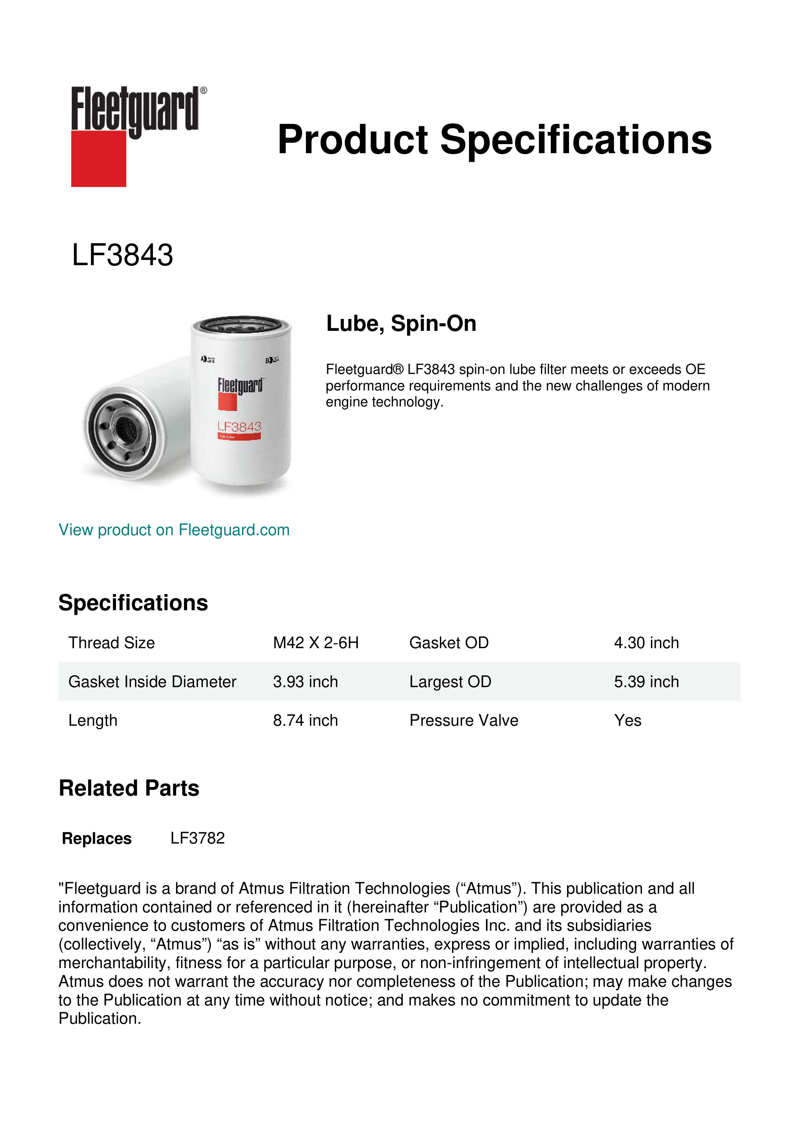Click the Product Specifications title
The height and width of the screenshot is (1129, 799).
point(494,140)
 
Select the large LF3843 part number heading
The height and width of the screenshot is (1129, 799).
point(122,255)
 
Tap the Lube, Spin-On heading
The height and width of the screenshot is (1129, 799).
point(401,323)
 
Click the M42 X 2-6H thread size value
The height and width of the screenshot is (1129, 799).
point(316,643)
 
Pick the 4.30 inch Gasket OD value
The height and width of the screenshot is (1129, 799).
point(646,643)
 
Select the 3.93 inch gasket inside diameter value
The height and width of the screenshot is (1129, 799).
point(306,682)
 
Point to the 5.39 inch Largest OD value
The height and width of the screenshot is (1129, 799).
point(646,682)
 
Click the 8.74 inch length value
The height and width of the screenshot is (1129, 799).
point(306,720)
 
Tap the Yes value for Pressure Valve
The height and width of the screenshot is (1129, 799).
point(627,720)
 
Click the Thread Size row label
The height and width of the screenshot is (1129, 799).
point(112,643)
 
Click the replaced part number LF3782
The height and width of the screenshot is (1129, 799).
point(197,838)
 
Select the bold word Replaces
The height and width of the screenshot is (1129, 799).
point(97,838)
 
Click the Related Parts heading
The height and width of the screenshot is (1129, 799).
point(129,788)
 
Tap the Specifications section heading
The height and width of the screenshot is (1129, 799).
point(133,603)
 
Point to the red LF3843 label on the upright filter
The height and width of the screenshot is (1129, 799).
point(240,427)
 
